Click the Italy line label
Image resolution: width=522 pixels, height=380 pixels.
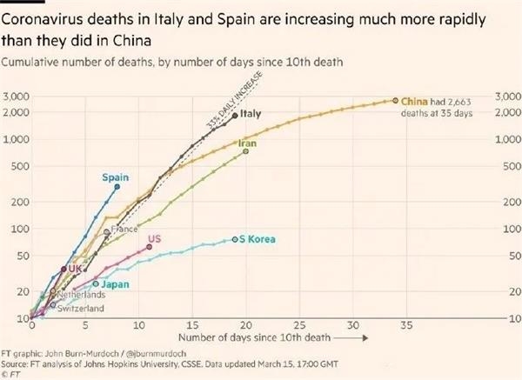pos(251,114)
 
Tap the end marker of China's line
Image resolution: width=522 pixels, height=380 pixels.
pos(396,101)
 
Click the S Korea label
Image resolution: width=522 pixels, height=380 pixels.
pos(258,238)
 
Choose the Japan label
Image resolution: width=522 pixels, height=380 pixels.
pos(115,283)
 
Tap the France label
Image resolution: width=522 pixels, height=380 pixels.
pos(123,229)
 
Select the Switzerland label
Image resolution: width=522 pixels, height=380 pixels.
pos(80,308)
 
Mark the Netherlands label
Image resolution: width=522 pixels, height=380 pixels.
pos(81,296)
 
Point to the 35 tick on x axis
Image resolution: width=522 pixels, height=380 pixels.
pos(407,324)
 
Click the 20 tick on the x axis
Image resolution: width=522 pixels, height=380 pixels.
pos(246,324)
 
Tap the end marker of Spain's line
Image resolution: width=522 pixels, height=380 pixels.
pos(117,187)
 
